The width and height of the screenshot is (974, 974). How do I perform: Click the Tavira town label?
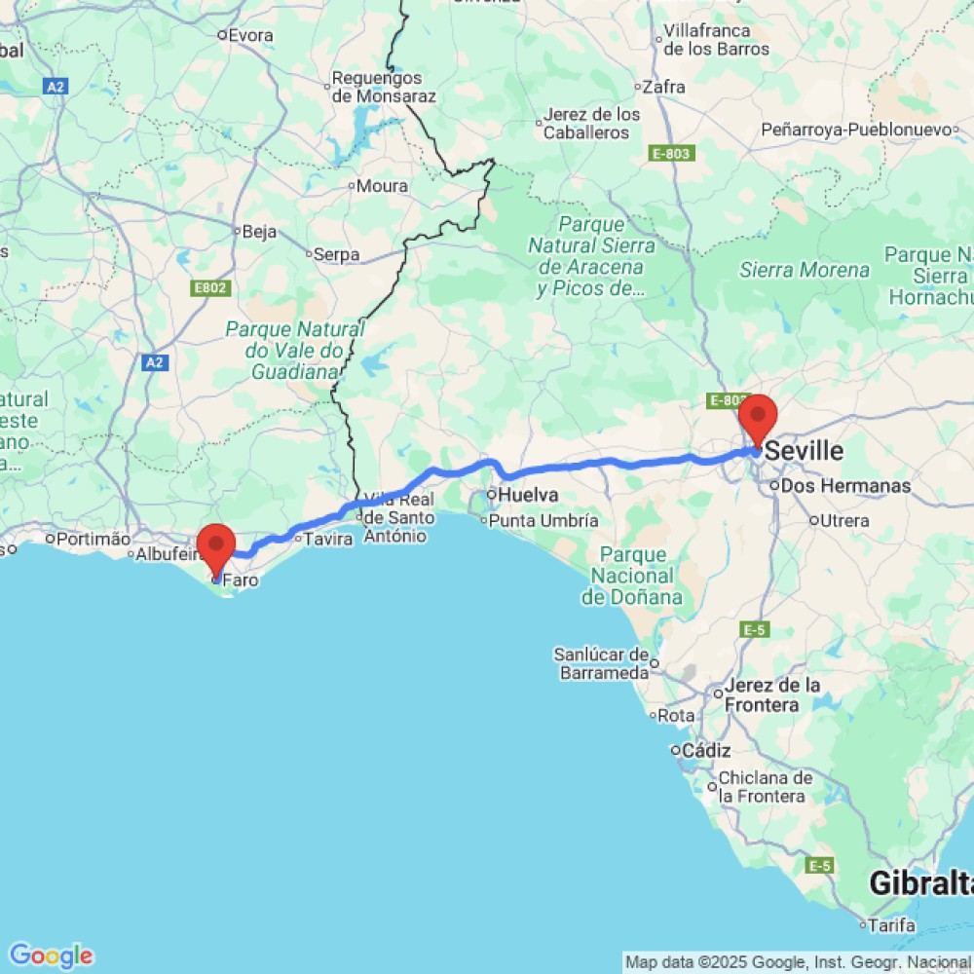click(x=327, y=539)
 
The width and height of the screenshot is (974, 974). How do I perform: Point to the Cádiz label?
click(x=706, y=750)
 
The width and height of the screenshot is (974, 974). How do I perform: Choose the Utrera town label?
click(x=843, y=520)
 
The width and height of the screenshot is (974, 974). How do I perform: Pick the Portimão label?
click(x=93, y=538)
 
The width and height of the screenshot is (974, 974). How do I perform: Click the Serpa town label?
click(x=337, y=254)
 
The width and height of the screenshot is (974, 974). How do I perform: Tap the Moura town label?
click(x=382, y=186)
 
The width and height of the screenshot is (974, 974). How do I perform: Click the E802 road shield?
click(x=209, y=288)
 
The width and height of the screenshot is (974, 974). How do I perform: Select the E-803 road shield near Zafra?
click(x=671, y=153)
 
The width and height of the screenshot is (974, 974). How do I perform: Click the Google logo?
click(x=50, y=955)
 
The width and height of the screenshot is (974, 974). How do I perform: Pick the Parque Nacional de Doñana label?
click(x=631, y=576)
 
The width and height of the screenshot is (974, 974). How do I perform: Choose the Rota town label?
click(x=676, y=716)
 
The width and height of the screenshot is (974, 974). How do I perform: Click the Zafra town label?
click(x=664, y=87)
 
